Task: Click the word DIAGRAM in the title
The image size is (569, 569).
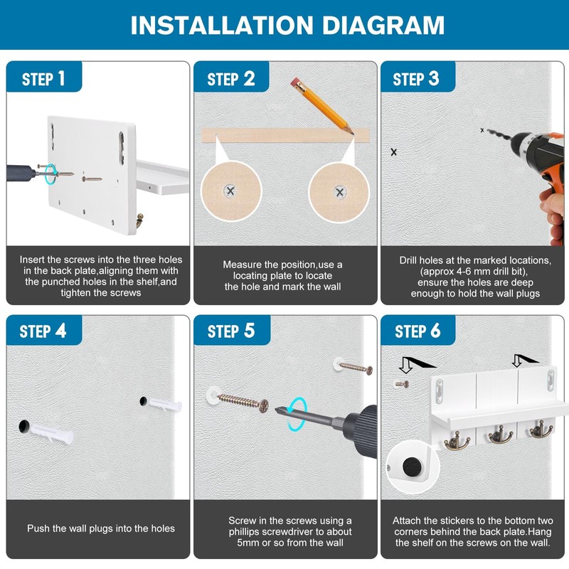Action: point(383,26)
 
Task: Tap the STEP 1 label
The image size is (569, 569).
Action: point(43,78)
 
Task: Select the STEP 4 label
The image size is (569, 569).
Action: point(43,331)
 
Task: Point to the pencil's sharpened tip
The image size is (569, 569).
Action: point(351,133)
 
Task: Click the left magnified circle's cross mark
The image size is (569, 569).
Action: point(230,191)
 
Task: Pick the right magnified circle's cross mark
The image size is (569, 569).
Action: point(340,192)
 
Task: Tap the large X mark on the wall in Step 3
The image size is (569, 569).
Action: point(394,152)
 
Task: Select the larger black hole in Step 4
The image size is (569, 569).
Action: point(23,426)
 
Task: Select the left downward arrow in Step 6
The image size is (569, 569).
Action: point(405,365)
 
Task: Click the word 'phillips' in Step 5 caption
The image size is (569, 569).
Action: point(243,531)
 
